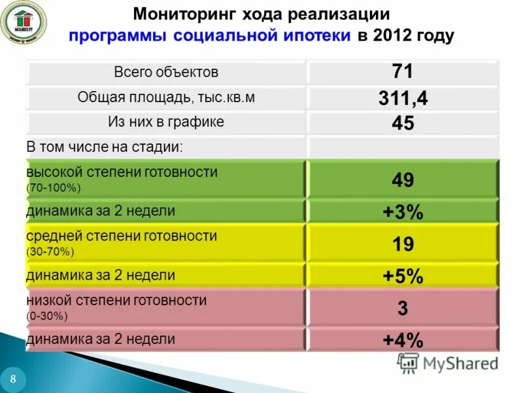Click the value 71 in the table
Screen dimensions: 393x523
click(403, 71)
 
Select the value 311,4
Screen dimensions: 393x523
click(403, 98)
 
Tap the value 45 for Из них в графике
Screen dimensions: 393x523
click(403, 123)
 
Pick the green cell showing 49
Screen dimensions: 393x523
click(403, 180)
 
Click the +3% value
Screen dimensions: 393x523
click(403, 212)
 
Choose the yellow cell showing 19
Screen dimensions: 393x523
click(403, 244)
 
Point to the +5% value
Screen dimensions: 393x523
click(403, 276)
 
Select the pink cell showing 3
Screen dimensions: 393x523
click(403, 308)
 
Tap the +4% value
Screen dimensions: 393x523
click(403, 340)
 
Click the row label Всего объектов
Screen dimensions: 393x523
click(166, 72)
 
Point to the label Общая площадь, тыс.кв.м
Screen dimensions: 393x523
click(166, 98)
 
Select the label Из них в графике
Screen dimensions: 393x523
click(166, 122)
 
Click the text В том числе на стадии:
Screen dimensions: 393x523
click(105, 147)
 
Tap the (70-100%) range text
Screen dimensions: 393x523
click(53, 189)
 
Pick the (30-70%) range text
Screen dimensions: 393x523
click(50, 252)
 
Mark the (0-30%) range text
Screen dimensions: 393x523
click(47, 316)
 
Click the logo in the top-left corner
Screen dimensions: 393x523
click(23, 22)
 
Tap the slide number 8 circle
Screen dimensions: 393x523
click(13, 379)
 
